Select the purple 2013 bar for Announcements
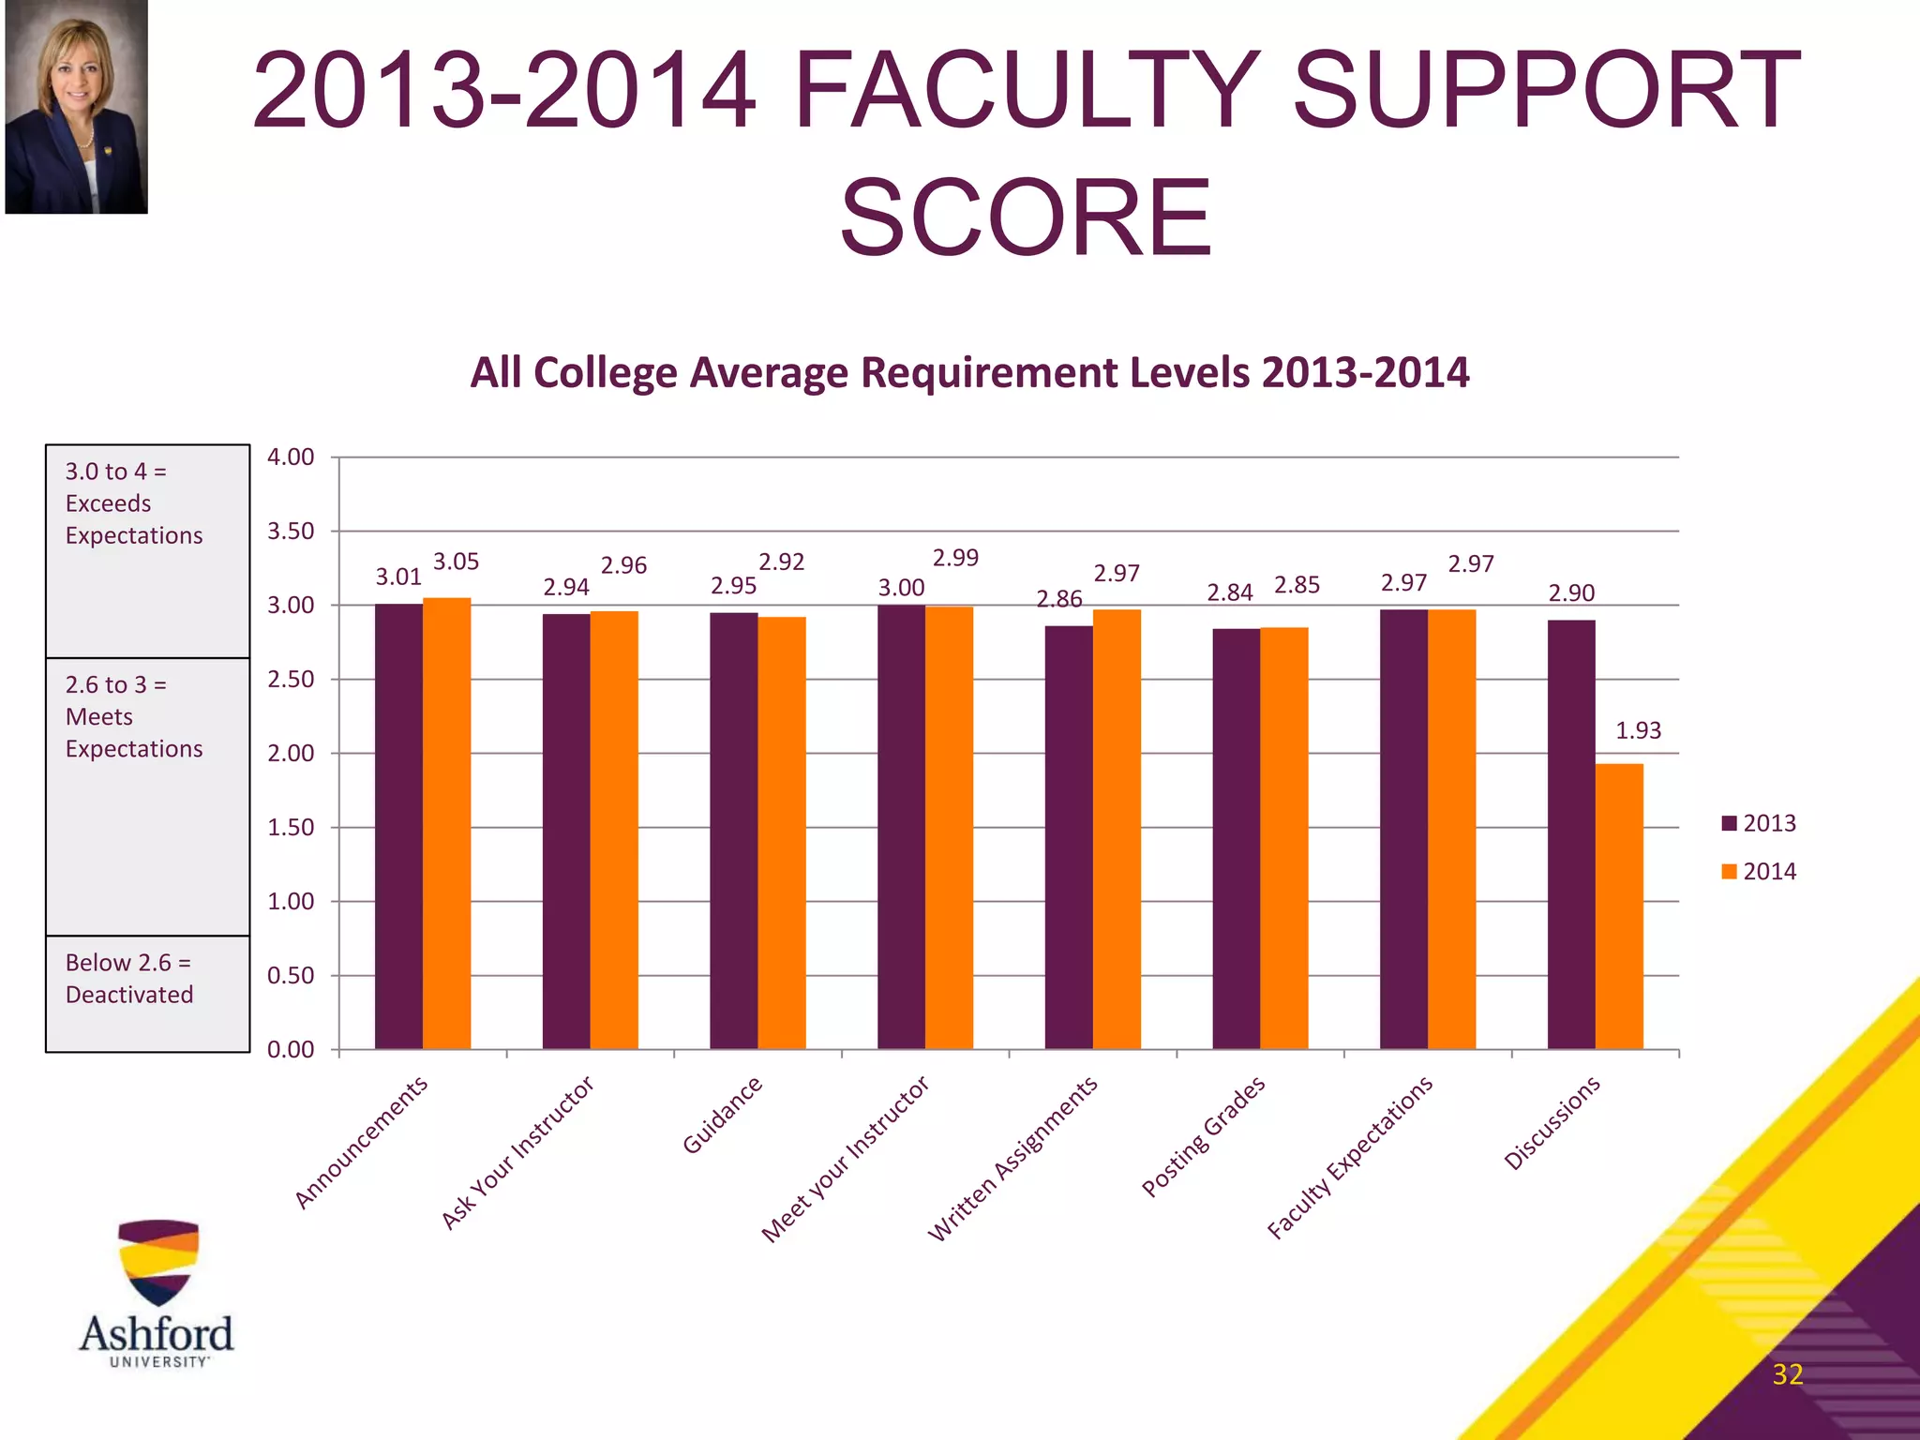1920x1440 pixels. (398, 825)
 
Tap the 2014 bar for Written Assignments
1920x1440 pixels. (1117, 829)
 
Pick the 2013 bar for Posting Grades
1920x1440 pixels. (1236, 838)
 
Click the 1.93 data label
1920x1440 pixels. (1638, 730)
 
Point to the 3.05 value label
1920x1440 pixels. (456, 562)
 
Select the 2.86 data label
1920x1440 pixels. (1058, 599)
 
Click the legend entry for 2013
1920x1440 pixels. (1759, 823)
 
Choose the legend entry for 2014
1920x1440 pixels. (1759, 871)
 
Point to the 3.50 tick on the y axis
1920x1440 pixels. (291, 532)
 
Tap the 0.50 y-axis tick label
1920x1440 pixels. (291, 976)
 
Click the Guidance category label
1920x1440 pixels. (722, 1115)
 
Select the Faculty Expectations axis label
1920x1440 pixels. (1350, 1158)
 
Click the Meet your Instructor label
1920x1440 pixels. (845, 1159)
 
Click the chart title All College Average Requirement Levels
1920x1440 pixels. (969, 372)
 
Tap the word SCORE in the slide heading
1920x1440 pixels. (1026, 218)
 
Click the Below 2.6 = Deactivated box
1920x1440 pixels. (147, 993)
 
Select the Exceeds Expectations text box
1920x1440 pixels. (147, 550)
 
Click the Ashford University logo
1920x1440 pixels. (157, 1294)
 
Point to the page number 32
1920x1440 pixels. (1787, 1374)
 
